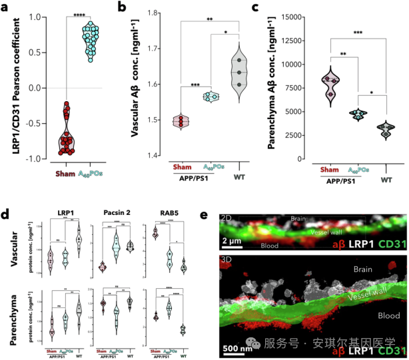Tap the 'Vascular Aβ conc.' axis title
point(135,87)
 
